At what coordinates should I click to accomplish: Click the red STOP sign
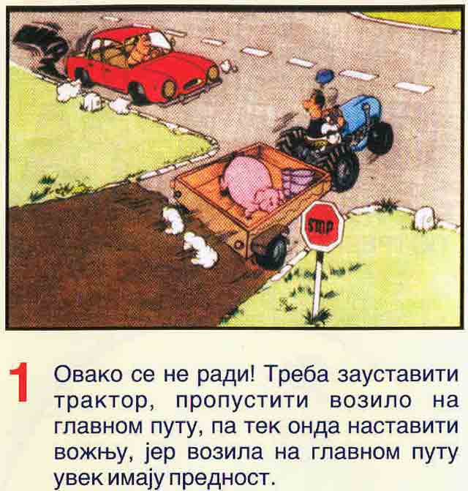tap(322, 226)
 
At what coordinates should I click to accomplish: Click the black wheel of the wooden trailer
tap(271, 251)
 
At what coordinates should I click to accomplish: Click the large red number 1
tap(20, 383)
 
